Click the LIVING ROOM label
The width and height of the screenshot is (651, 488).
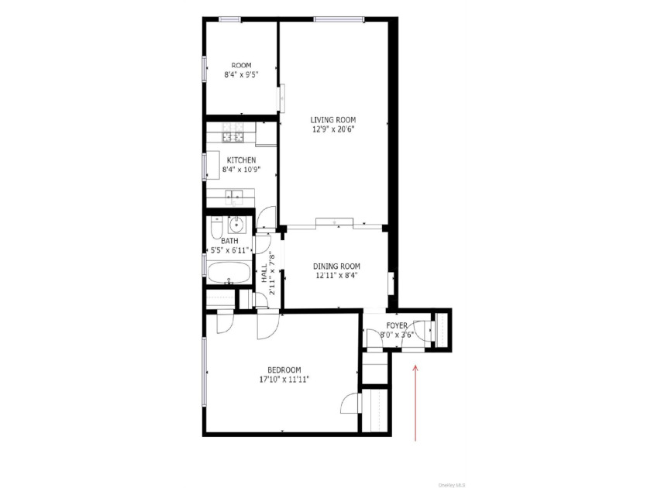click(x=333, y=120)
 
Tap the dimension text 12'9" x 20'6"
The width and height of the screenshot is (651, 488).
click(x=333, y=129)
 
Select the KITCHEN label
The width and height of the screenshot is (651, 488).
click(x=241, y=160)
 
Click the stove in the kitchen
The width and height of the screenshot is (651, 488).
click(x=233, y=132)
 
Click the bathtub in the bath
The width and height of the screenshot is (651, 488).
click(x=229, y=273)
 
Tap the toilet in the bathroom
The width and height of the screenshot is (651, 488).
click(x=217, y=228)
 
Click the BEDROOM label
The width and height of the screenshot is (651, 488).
click(x=284, y=370)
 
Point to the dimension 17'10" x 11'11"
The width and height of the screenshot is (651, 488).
click(x=284, y=380)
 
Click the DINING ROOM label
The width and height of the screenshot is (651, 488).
click(x=336, y=266)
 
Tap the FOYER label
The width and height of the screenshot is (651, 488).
click(x=397, y=326)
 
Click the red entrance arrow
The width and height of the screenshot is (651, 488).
click(x=415, y=403)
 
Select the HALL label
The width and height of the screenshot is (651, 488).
click(x=264, y=274)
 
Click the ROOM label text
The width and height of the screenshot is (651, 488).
click(x=241, y=66)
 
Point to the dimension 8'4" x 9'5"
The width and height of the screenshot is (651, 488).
click(x=241, y=75)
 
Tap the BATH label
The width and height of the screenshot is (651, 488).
click(x=229, y=241)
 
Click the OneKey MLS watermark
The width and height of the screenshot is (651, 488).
click(x=452, y=485)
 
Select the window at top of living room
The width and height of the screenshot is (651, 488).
click(x=339, y=19)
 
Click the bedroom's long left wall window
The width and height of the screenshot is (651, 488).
click(x=205, y=371)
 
